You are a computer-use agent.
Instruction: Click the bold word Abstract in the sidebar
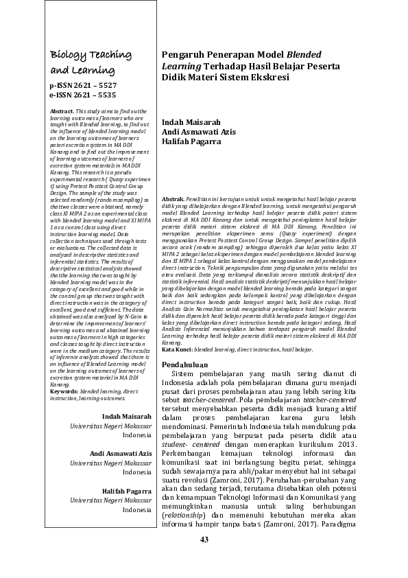62,111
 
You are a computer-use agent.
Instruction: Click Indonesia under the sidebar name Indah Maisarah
137,435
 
